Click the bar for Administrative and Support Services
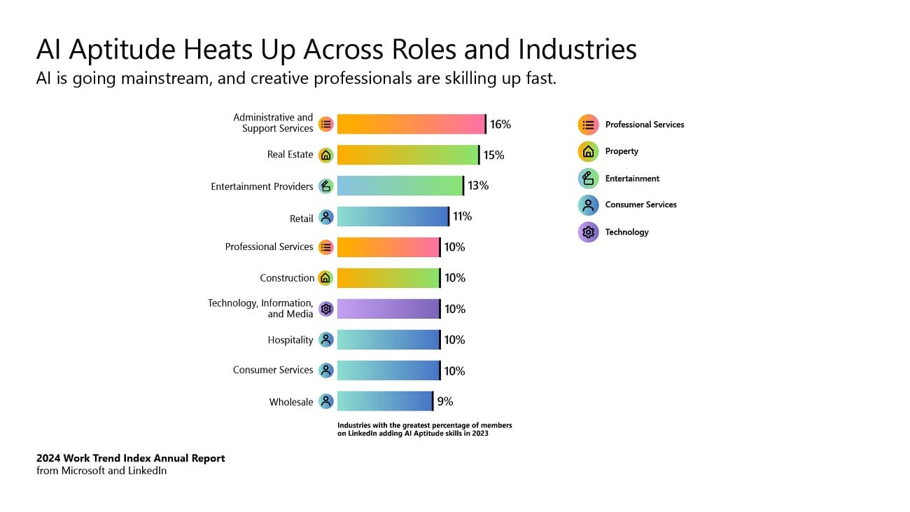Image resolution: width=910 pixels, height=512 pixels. pos(411,124)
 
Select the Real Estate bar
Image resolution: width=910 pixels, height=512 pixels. pos(407,155)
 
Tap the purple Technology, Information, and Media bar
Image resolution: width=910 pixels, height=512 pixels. pos(388,309)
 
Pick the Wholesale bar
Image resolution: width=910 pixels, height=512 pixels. pos(385,401)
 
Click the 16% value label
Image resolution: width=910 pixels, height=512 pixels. pos(500,124)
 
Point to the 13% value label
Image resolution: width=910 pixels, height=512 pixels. pos(478,186)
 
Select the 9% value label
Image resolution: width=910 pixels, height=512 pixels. pos(445,401)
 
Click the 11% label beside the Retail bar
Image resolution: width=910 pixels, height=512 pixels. pos(462,216)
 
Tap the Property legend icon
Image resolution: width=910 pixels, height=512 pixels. pos(589,151)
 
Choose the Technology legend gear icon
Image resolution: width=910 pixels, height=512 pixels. pos(589,232)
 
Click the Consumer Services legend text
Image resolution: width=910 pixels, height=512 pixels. pos(640,205)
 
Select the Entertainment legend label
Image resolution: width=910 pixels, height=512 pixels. pos(632,179)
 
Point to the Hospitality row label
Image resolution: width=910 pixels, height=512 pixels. pos(290,340)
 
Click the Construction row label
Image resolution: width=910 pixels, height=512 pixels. pos(287,278)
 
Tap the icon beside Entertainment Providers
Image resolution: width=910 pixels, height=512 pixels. pos(325,186)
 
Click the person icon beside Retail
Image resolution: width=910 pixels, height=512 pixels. pos(325,217)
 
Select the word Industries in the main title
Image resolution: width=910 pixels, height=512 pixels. pos(577,50)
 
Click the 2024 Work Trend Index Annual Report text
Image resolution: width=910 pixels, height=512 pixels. pos(131,458)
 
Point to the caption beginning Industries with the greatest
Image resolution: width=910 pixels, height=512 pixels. pos(424,429)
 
